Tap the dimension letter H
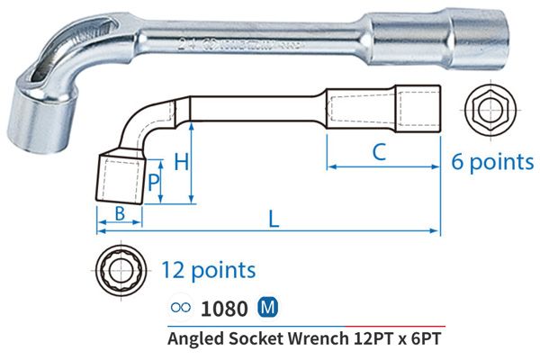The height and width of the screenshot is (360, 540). point(180,163)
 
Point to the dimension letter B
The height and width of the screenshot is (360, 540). point(118,214)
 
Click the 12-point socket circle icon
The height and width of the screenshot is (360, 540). point(120,269)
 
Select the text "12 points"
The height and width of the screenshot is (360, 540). point(209,269)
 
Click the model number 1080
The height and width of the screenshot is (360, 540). point(225,308)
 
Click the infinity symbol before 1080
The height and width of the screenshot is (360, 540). point(179,309)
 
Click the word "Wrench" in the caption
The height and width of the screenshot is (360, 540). point(317,339)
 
